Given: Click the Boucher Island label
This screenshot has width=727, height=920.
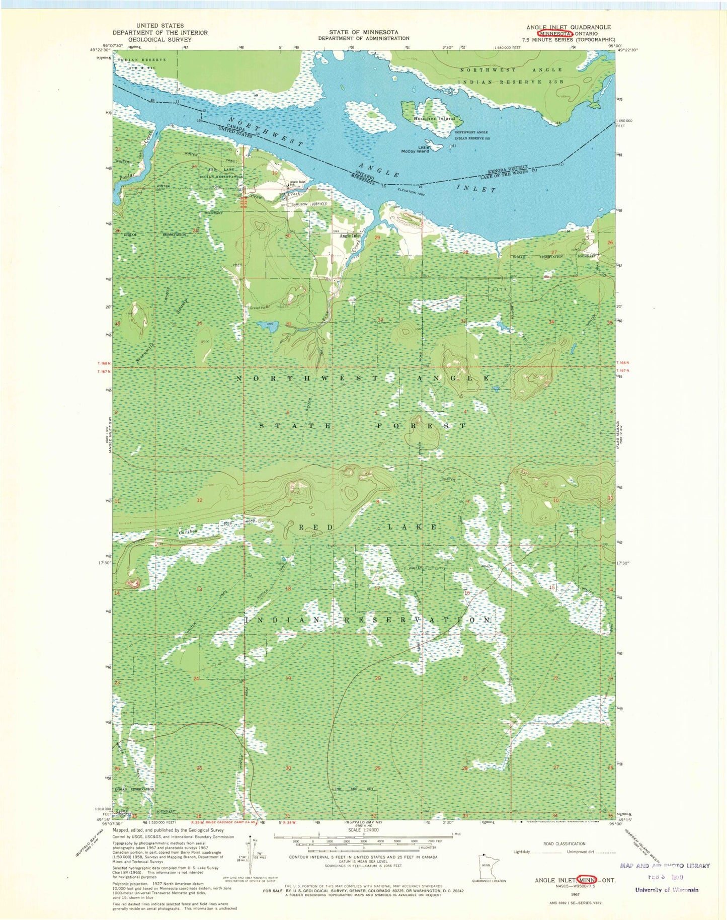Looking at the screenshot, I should pos(434,119).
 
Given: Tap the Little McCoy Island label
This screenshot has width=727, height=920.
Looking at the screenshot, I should pos(415,149).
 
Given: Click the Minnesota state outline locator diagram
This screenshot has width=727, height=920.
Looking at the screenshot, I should pos(486,864).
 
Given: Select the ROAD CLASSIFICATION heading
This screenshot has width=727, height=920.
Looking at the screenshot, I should pos(564,844).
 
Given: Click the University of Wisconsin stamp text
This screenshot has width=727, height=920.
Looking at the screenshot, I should pos(667,890).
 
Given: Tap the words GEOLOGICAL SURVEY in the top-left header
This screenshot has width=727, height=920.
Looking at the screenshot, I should pos(160,39).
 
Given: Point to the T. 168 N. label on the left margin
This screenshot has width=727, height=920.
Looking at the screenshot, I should pos(104,363).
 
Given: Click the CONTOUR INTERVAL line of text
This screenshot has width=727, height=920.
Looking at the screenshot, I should pos(363,857).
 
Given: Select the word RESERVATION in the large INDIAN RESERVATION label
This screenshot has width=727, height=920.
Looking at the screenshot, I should pos(417,620).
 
